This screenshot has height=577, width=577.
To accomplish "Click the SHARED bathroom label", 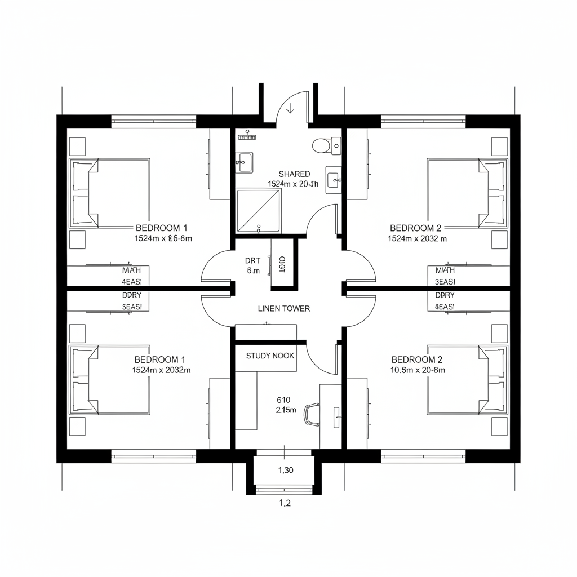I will [294, 174].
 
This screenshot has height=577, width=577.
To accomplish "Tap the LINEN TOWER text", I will [284, 309].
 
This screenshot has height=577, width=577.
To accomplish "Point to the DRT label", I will [252, 260].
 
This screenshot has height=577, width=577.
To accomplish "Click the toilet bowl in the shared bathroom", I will [321, 145].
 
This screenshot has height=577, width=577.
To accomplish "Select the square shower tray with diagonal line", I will [258, 211].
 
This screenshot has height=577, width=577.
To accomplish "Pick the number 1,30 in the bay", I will [286, 471].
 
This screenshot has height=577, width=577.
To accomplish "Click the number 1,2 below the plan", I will [285, 503].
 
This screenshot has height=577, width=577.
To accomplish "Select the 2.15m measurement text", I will [286, 410].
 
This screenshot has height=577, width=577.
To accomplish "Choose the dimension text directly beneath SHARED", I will [293, 184].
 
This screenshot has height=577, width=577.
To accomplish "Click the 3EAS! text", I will [445, 281].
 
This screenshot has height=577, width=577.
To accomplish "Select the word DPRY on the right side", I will [445, 295].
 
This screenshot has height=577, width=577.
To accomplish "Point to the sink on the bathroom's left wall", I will [244, 162].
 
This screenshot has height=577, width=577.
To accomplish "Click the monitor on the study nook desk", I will [336, 416].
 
